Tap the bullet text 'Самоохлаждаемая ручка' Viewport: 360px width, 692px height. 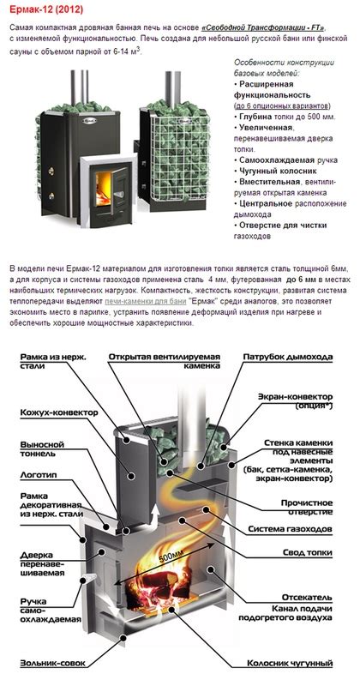[284, 159]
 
